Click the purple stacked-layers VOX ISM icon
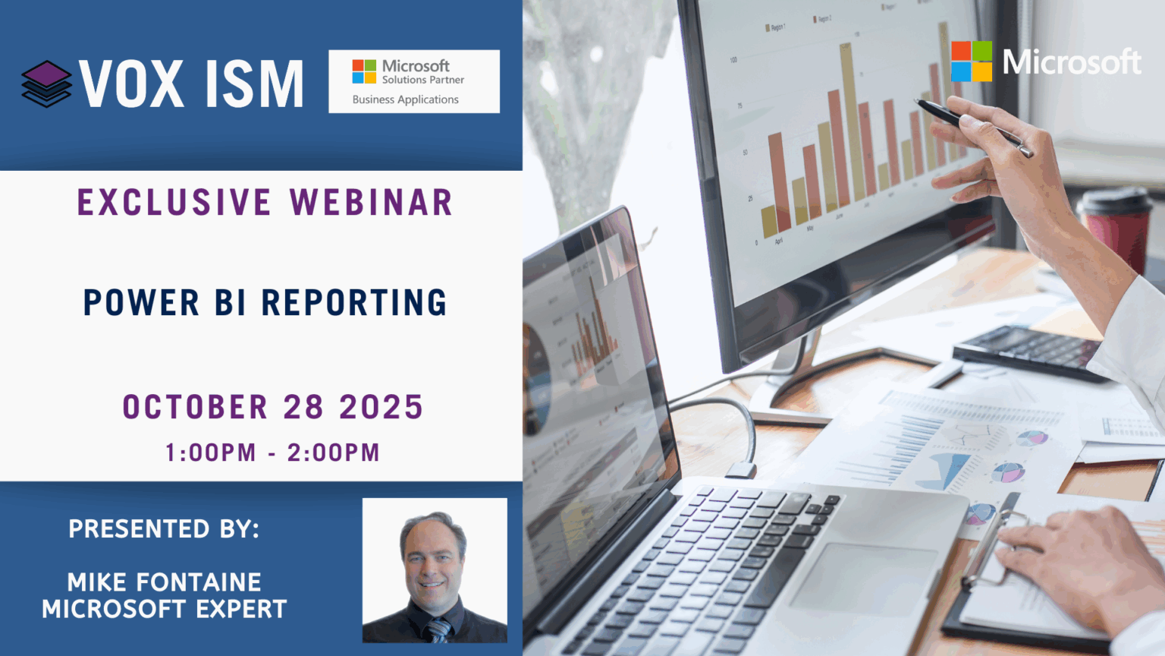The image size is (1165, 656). (46, 84)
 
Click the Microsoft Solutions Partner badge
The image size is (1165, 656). (414, 81)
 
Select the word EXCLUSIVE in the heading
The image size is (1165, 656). (174, 203)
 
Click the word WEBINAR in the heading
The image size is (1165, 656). (372, 203)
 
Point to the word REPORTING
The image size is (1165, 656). (354, 302)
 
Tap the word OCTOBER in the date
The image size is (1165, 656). (195, 407)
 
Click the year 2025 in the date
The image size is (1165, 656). (381, 407)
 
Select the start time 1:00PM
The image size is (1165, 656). (210, 453)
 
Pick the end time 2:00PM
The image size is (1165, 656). (333, 453)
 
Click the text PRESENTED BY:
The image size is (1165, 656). (164, 528)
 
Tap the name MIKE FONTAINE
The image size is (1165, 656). (164, 582)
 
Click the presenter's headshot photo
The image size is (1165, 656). (435, 570)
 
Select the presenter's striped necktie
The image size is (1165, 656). (438, 629)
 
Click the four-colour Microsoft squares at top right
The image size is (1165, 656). (972, 61)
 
